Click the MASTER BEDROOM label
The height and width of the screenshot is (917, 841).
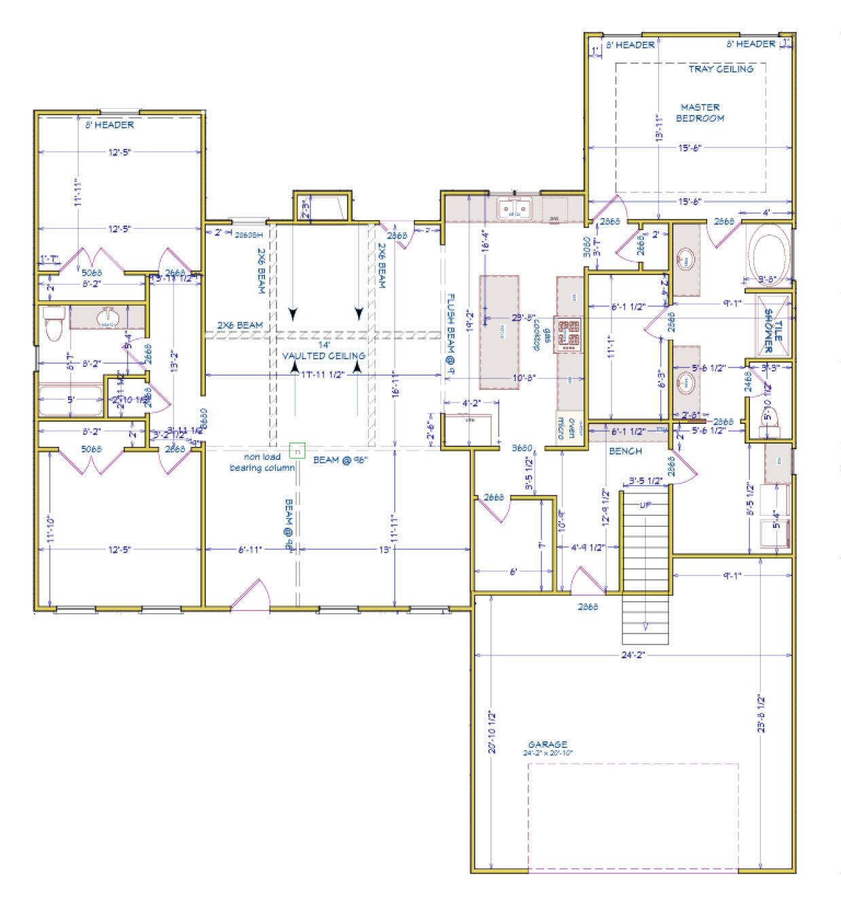(700, 113)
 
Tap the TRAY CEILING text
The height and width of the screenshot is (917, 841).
(720, 69)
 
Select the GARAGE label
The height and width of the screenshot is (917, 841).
(548, 744)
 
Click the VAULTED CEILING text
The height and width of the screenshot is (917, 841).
(323, 355)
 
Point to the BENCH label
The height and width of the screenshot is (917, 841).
(625, 451)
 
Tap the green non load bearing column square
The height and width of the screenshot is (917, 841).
(297, 450)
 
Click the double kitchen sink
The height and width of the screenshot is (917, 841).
(514, 209)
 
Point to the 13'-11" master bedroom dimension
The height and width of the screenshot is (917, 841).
(659, 127)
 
